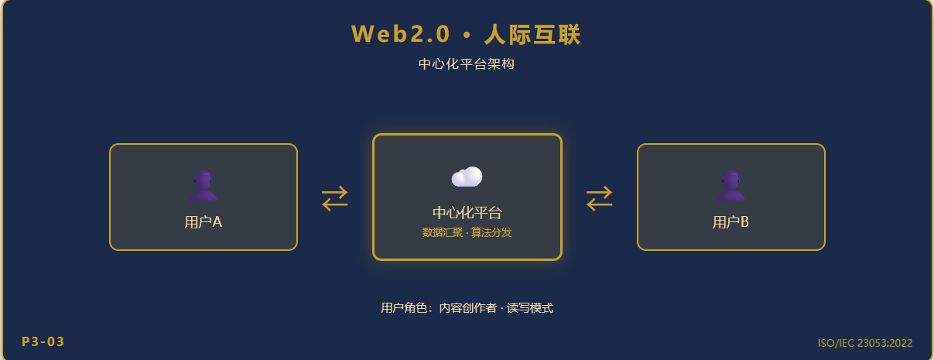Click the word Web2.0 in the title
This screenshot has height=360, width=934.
pos(400,34)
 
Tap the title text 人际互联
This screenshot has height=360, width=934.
pos(532,34)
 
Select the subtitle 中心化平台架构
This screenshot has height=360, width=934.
pos(466,63)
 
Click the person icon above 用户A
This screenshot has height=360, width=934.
pos(203,186)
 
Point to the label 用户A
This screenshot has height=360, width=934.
pos(203,222)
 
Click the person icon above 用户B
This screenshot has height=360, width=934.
pos(731,186)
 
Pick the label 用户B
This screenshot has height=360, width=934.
pos(730,222)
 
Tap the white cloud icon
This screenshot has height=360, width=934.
pos(467,177)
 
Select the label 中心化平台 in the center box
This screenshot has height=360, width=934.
pos(467,213)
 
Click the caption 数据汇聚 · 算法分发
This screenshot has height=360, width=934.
pos(467,232)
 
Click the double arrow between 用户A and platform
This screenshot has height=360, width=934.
pos(335,198)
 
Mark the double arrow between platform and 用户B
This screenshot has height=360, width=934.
pos(599,198)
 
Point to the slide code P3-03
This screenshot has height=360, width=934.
pos(43,341)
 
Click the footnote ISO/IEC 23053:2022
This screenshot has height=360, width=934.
pos(865,343)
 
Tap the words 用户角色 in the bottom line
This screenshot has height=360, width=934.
pos(404,308)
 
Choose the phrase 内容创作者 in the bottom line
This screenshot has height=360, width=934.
pos(468,308)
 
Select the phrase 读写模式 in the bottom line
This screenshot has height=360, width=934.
pos(530,308)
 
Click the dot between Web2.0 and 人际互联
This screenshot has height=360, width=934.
pos(467,36)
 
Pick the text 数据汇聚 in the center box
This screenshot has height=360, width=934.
pos(443,232)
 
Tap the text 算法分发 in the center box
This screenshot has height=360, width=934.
pos(491,232)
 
